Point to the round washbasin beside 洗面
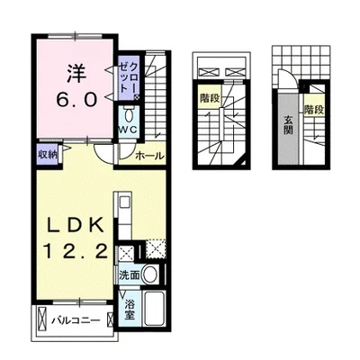click(x=152, y=273)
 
